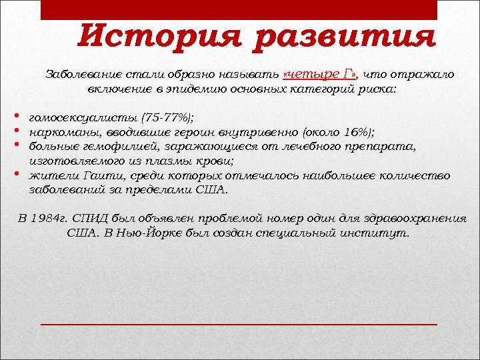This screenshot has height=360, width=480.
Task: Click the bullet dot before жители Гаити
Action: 15,175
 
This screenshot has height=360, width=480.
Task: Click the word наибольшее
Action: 327,175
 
